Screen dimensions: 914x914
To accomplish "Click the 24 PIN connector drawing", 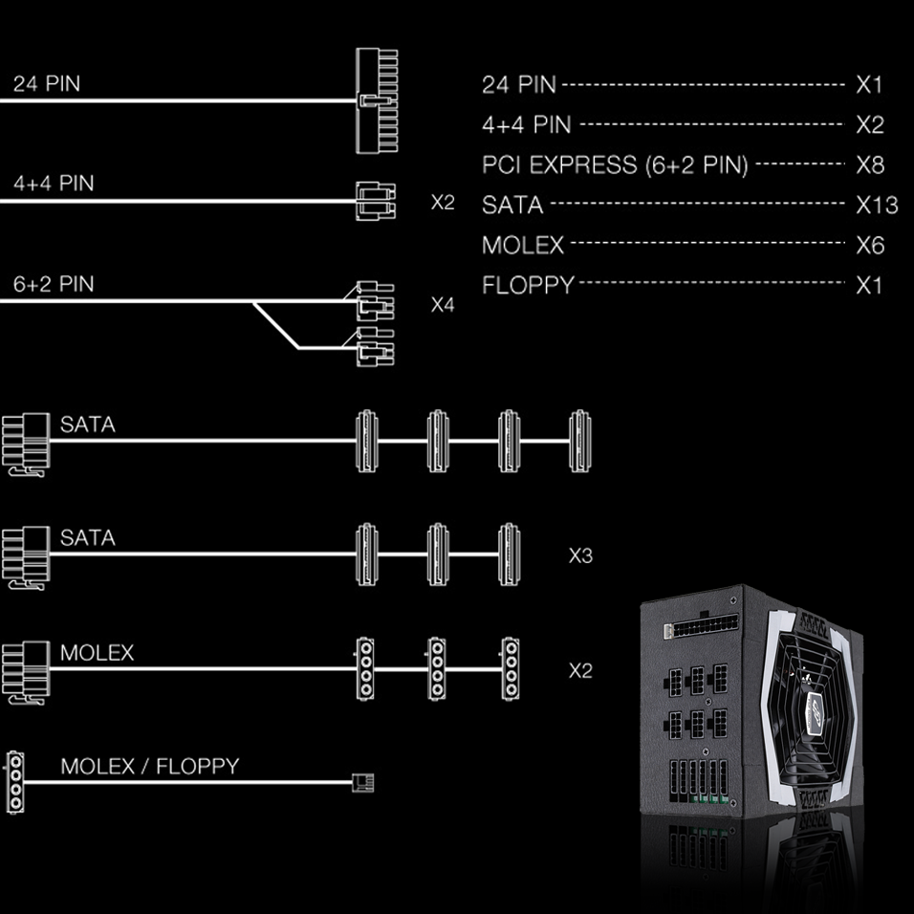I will pos(377,100).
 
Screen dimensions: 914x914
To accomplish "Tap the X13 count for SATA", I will pos(876,205).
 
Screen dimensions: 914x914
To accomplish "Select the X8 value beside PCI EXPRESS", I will pos(870,164).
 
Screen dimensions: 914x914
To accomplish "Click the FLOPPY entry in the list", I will pos(528,285).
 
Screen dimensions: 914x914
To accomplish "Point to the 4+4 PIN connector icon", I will pos(375,202).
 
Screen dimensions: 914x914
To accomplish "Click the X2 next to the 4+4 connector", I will pos(443,203).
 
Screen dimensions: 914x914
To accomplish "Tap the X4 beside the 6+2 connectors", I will pos(443,305).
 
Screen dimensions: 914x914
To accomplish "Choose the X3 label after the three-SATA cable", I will pos(580,555).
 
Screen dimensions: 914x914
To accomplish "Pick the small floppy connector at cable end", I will pos(364,783).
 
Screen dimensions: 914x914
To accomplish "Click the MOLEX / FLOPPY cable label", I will pos(149,766).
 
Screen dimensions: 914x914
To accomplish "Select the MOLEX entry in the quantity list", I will pos(523,245).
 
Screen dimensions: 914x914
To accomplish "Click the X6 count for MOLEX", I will pos(870,245).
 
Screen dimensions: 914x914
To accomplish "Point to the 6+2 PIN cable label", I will pos(54,284).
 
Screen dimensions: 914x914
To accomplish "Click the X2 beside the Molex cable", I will pos(580,670).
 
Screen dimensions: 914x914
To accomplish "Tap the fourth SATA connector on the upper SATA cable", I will pos(577,441).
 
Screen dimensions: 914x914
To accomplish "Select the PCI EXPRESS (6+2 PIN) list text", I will pos(616,164).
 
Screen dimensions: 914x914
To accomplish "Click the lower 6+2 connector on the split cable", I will pos(373,346).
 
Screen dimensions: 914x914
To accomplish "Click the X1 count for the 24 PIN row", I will pos(869,84).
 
